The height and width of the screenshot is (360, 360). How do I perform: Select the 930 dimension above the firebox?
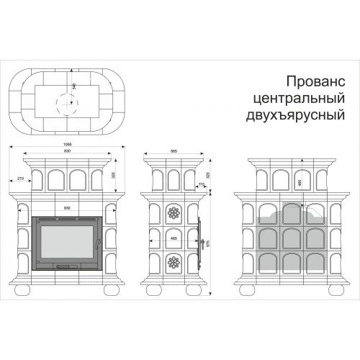pyautogui.click(x=66, y=207)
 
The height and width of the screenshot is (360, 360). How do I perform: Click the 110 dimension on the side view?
pyautogui.click(x=202, y=185)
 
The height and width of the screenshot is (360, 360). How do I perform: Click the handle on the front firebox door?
pyautogui.click(x=66, y=266)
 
